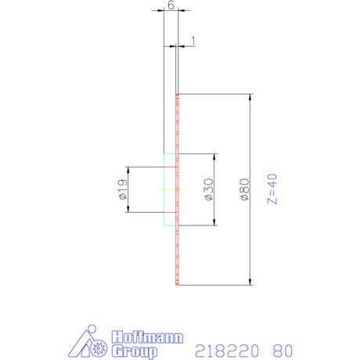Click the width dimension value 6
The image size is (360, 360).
[171, 5]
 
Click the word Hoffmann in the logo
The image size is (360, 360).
[148, 338]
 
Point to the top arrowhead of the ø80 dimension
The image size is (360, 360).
[250, 97]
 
